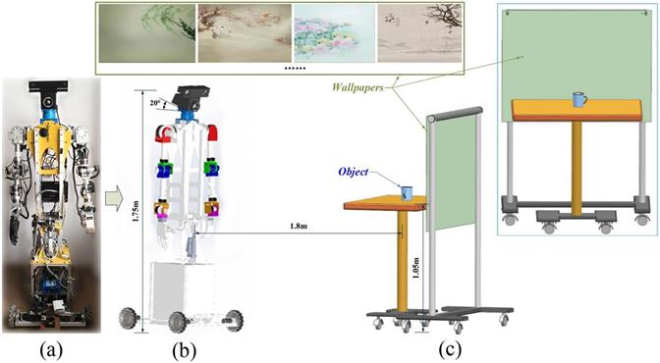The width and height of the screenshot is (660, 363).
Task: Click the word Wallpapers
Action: pyautogui.click(x=357, y=87)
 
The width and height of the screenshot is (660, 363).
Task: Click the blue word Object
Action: pyautogui.click(x=354, y=172)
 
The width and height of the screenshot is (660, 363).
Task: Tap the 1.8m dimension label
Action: pyautogui.click(x=299, y=226)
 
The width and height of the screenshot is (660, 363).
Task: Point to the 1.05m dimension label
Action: pyautogui.click(x=415, y=267)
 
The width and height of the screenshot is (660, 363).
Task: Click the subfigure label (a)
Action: pyautogui.click(x=51, y=349)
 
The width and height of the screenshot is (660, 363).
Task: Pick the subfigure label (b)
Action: pyautogui.click(x=185, y=349)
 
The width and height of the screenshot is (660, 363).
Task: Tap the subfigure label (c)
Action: pyautogui.click(x=450, y=349)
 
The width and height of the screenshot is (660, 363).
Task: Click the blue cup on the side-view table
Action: pyautogui.click(x=407, y=193)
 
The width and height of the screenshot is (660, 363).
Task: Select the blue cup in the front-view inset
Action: pyautogui.click(x=579, y=99)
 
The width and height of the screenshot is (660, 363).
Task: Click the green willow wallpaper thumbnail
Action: pyautogui.click(x=147, y=33)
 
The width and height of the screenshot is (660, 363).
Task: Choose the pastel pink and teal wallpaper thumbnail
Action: pyautogui.click(x=335, y=33)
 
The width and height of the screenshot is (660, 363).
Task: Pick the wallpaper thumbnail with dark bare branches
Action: pyautogui.click(x=419, y=33)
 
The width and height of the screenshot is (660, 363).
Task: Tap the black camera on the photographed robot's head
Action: pyautogui.click(x=48, y=86)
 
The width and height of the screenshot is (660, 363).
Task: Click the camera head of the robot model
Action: pyautogui.click(x=192, y=98)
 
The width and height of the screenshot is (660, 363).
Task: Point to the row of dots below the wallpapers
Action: pyautogui.click(x=295, y=68)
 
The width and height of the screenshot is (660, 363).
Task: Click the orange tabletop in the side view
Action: pyautogui.click(x=385, y=204)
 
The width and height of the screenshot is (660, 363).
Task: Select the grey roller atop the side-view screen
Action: pyautogui.click(x=455, y=115)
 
